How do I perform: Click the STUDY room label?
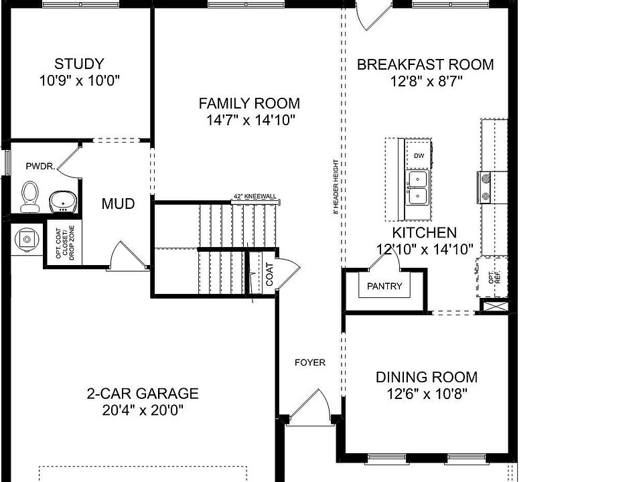click(79, 64)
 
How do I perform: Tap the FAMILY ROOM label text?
click(249, 104)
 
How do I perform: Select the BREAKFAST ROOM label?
click(425, 65)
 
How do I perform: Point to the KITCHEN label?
click(424, 233)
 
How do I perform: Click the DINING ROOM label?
click(426, 377)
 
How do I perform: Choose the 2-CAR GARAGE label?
click(142, 394)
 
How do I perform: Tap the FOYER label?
click(310, 363)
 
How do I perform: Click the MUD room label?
click(118, 204)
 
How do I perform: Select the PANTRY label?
click(384, 287)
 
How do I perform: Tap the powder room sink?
click(64, 200)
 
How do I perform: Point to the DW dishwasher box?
click(419, 156)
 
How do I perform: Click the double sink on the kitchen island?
click(419, 187)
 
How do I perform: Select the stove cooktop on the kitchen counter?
click(485, 187)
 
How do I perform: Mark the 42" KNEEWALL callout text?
click(255, 196)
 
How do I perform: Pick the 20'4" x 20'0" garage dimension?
click(142, 410)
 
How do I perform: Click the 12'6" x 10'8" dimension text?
click(426, 394)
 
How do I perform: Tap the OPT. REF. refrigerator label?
click(494, 278)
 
